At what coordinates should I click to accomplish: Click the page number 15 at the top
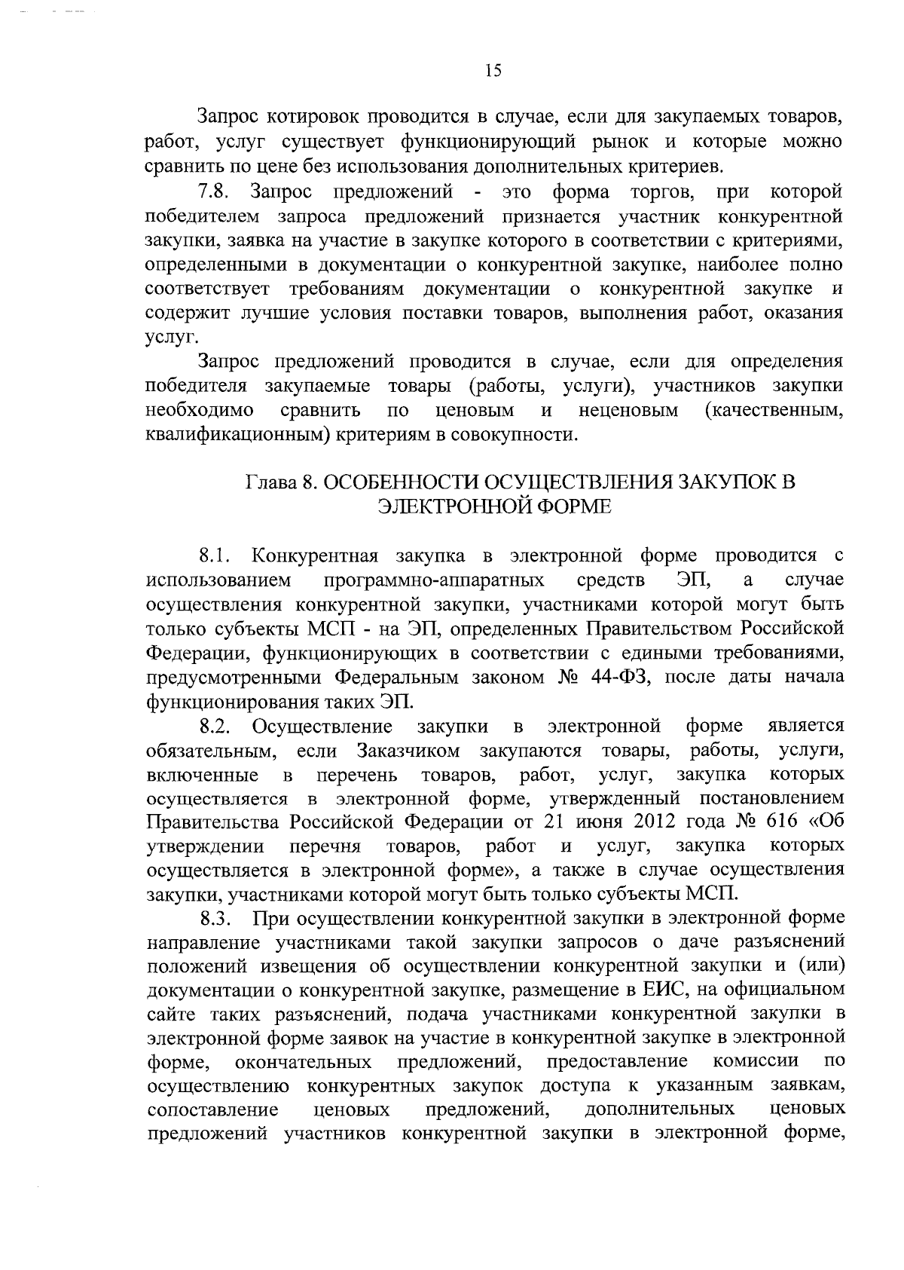coord(493,71)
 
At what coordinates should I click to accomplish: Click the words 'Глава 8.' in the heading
coord(280,482)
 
